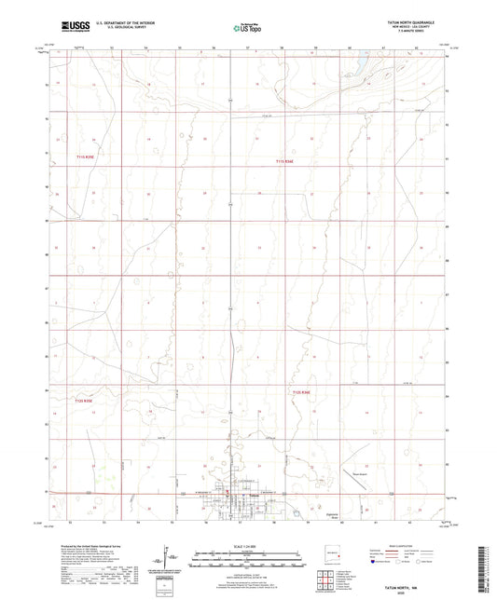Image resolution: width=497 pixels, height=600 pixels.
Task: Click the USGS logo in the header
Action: point(70,27)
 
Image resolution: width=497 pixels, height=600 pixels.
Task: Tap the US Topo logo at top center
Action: point(241,28)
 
